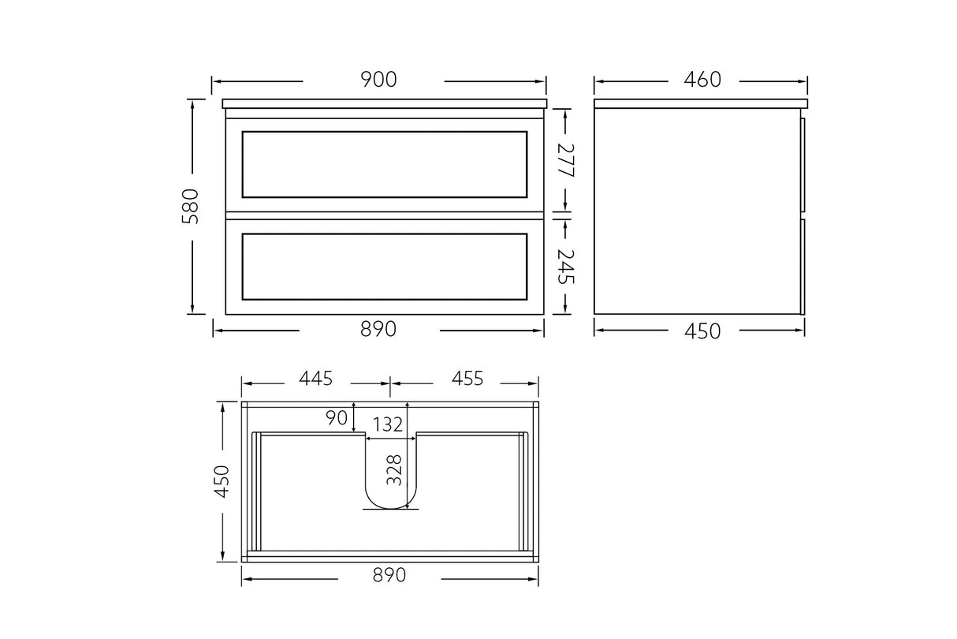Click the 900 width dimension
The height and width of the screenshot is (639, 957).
coord(378,80)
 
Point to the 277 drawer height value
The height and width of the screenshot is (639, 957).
coord(565,159)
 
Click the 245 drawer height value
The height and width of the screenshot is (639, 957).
coord(565,267)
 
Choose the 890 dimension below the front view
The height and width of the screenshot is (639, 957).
coord(378,329)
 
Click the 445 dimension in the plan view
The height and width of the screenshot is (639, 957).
coord(315,379)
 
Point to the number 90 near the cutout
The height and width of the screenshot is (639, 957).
coord(337,417)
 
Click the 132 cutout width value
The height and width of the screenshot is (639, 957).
coord(389,424)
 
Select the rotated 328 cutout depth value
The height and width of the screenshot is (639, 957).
coord(395,470)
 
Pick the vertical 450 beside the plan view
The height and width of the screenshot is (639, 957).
coord(222,480)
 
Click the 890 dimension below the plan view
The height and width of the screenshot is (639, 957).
coord(389,576)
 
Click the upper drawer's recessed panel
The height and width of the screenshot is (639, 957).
coord(384,164)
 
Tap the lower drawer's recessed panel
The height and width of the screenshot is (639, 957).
coord(384,267)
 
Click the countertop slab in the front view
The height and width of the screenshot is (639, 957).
coord(384,103)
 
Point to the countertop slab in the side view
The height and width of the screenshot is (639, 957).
coord(701,103)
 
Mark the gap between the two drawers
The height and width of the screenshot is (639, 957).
coord(384,214)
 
